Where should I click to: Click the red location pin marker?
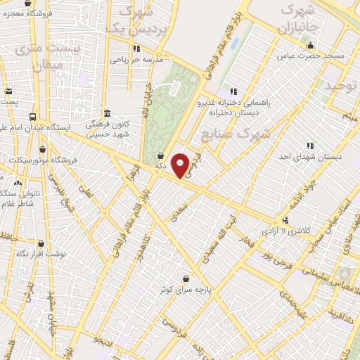(181, 166)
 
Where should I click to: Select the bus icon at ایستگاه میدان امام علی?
(33, 117)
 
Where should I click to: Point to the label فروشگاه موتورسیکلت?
(42, 160)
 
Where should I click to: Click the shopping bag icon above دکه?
(162, 155)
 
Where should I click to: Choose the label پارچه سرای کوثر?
(185, 289)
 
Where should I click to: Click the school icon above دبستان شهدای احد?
(310, 146)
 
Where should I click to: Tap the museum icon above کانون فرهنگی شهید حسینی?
(106, 113)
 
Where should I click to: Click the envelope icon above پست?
(8, 91)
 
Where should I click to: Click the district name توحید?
(341, 85)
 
